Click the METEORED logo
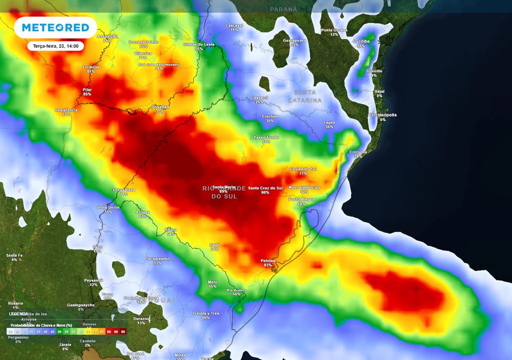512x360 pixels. click(x=55, y=28)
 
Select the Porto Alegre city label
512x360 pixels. click(x=301, y=199)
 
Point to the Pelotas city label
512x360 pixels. click(x=268, y=260)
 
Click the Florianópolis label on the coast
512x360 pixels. click(x=383, y=115)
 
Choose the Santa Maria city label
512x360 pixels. click(x=224, y=187)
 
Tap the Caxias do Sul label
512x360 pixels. click(x=303, y=169)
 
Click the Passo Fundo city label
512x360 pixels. click(x=266, y=137)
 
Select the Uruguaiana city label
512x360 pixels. click(x=124, y=190)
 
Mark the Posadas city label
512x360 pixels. click(x=160, y=107)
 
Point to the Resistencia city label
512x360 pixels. click(x=66, y=110)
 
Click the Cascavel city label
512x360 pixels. click(x=234, y=25)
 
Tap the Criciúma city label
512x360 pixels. click(x=359, y=152)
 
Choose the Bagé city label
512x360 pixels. click(x=215, y=244)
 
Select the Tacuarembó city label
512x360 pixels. click(x=157, y=258)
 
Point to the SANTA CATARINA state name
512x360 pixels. click(x=305, y=96)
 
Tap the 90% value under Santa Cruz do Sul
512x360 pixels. click(x=265, y=192)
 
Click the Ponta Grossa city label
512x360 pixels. click(x=334, y=30)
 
